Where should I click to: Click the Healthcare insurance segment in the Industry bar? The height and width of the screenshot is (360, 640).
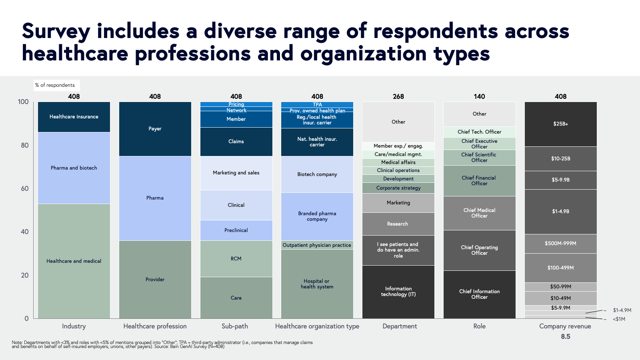74,117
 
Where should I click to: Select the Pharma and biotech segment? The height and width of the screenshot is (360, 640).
74,168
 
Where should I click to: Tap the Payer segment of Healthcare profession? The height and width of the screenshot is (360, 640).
155,129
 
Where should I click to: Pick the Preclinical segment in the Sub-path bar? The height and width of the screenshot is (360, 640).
236,230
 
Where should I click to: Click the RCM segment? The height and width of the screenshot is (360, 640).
236,259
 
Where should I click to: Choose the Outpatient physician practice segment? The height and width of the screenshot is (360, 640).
317,245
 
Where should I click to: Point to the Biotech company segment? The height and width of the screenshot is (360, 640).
317,174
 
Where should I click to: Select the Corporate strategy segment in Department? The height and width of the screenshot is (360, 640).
398,188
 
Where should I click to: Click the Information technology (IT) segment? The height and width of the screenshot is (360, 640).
398,292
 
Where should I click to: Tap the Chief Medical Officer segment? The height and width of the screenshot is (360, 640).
479,213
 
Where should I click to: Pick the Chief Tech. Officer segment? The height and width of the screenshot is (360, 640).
479,132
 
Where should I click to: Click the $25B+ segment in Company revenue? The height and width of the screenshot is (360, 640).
560,124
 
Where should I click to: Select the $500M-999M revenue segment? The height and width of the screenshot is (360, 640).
560,244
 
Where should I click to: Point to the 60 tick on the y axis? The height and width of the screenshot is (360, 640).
25,188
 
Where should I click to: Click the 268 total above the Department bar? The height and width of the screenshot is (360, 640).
398,96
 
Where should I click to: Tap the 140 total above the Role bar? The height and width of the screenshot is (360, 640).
479,96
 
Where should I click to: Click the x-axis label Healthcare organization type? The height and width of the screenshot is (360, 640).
317,326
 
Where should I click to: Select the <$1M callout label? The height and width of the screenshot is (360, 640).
619,319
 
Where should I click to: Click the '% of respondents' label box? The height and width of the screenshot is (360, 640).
55,85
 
